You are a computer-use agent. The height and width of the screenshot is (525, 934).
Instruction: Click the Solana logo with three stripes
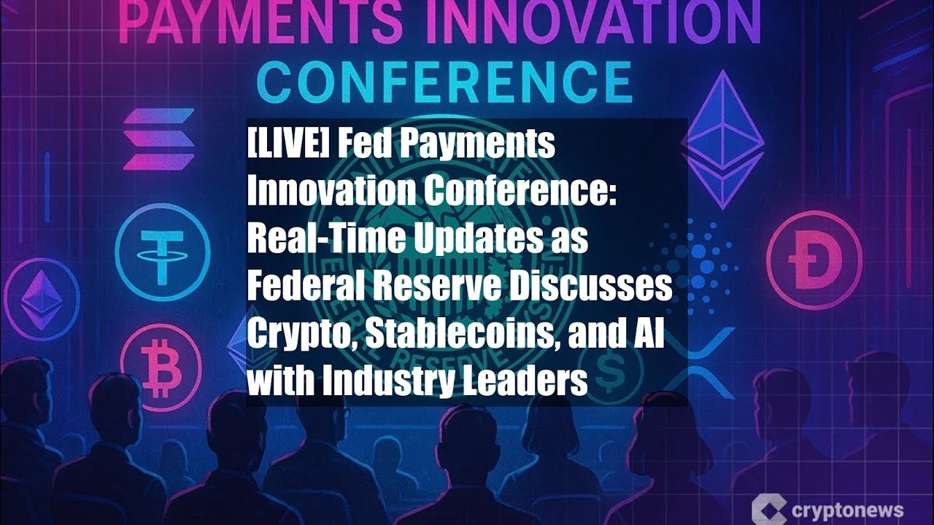click(x=158, y=139)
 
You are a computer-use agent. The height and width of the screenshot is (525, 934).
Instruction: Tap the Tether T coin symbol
click(x=162, y=252)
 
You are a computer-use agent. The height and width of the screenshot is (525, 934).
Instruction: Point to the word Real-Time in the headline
click(x=325, y=240)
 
